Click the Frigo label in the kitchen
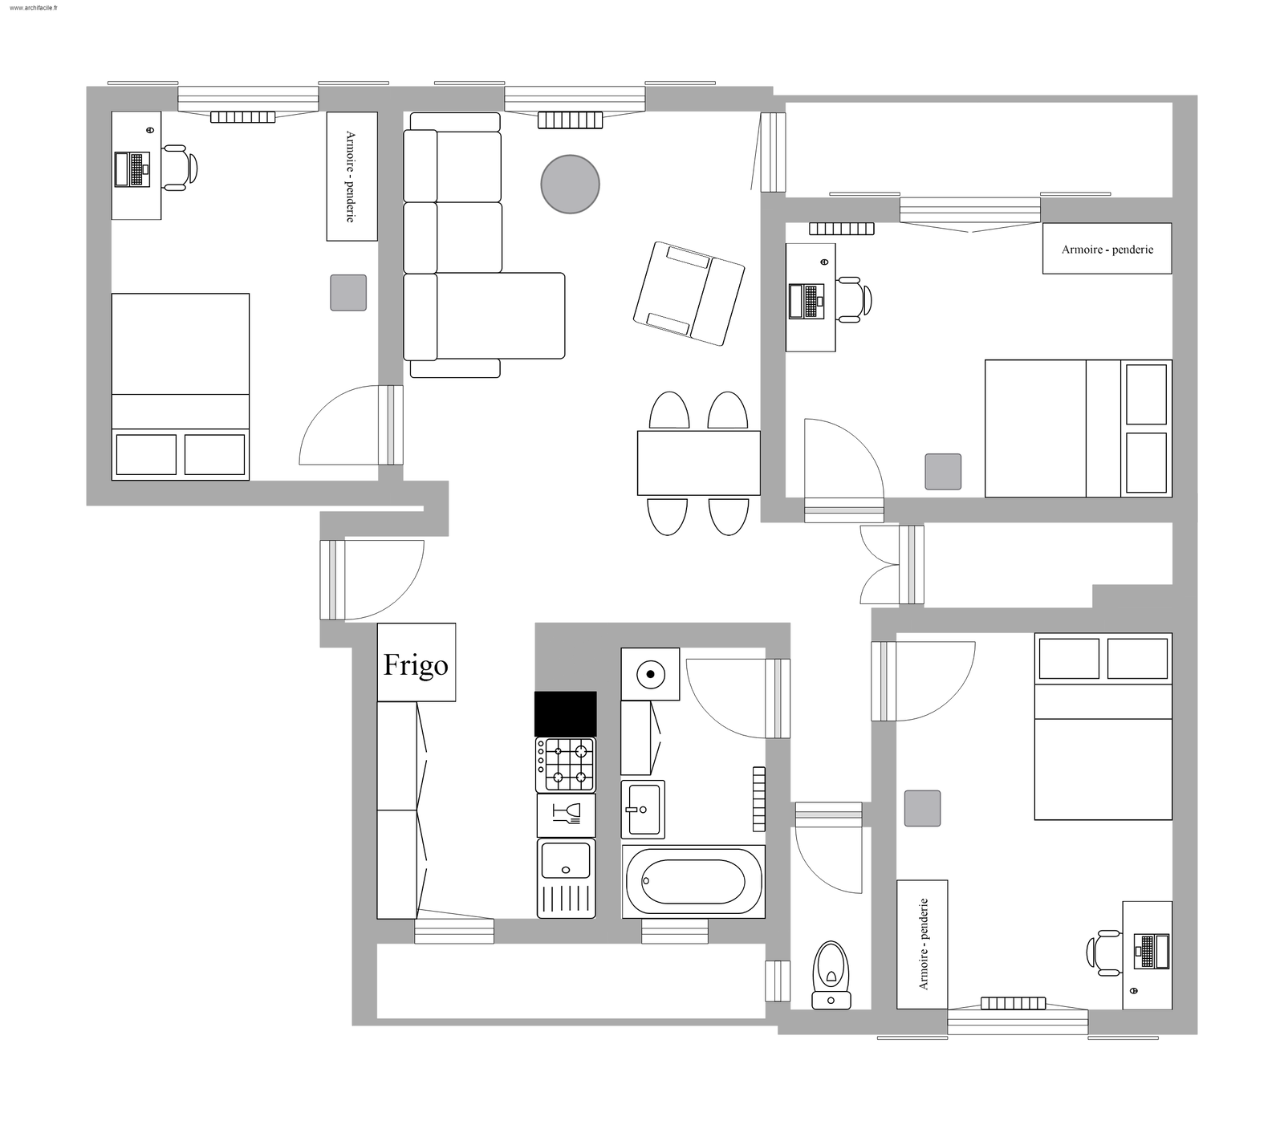click(416, 664)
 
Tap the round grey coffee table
click(570, 184)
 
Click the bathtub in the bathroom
click(693, 880)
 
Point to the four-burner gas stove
click(566, 764)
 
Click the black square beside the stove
click(566, 713)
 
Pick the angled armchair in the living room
click(688, 294)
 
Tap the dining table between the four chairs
click(698, 463)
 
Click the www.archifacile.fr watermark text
click(35, 7)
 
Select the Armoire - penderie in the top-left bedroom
click(351, 176)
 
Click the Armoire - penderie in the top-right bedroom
click(1107, 250)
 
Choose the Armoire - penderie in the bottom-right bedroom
click(922, 944)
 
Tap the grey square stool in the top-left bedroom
click(348, 292)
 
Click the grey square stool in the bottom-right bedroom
click(922, 808)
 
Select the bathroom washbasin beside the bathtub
click(643, 809)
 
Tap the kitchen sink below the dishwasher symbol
click(566, 861)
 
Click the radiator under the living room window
click(570, 120)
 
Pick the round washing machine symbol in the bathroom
click(650, 674)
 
